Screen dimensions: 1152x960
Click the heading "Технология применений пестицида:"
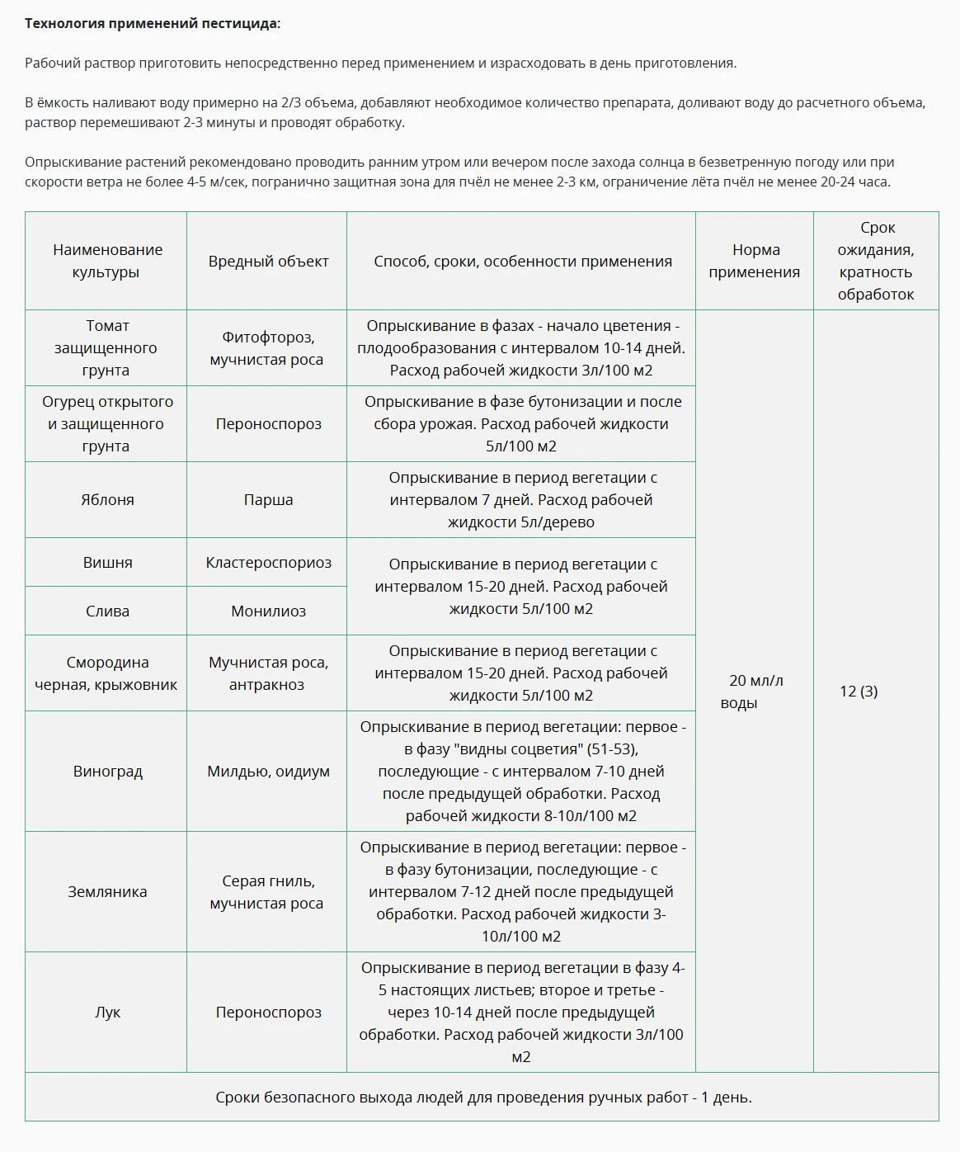[153, 23]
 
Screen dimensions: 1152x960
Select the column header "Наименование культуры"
[106, 261]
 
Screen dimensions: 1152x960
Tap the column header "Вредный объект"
[268, 261]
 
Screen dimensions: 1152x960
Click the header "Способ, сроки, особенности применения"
[522, 261]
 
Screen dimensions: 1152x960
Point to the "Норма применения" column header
[755, 261]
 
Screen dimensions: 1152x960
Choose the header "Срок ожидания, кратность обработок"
[876, 261]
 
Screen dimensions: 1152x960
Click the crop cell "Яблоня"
[107, 500]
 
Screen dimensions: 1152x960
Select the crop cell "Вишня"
[107, 563]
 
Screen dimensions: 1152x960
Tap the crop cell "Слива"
[107, 611]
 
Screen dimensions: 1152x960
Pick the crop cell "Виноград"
[107, 772]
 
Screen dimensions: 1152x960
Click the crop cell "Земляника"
[107, 892]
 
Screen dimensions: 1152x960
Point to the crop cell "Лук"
[107, 1013]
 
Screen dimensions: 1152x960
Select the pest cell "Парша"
[268, 500]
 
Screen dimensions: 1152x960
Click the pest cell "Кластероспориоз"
[268, 563]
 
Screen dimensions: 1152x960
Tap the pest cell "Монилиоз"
[268, 611]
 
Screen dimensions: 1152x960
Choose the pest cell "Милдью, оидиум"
[268, 772]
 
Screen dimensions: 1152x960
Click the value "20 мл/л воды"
[755, 692]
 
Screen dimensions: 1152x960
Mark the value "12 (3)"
[859, 692]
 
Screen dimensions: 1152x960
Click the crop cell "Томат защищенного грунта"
[106, 348]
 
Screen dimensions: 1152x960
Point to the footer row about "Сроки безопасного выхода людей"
[483, 1098]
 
